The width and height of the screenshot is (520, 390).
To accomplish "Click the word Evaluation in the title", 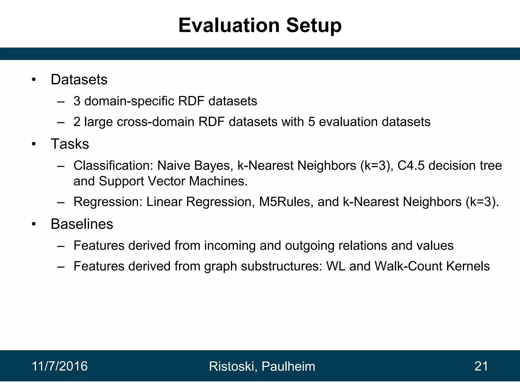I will (x=229, y=25).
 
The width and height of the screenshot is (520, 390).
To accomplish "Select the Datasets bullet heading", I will (x=79, y=79).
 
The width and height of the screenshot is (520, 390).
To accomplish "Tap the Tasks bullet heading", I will (x=70, y=144).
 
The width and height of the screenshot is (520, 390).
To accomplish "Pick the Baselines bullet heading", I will (x=82, y=224).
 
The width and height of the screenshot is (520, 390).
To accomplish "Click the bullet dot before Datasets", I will (x=34, y=80).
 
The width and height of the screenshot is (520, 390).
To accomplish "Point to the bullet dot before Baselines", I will (x=34, y=224).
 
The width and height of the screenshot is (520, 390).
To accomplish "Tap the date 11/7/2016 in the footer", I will (x=60, y=366).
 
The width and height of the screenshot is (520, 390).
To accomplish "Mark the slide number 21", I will (x=481, y=366).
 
